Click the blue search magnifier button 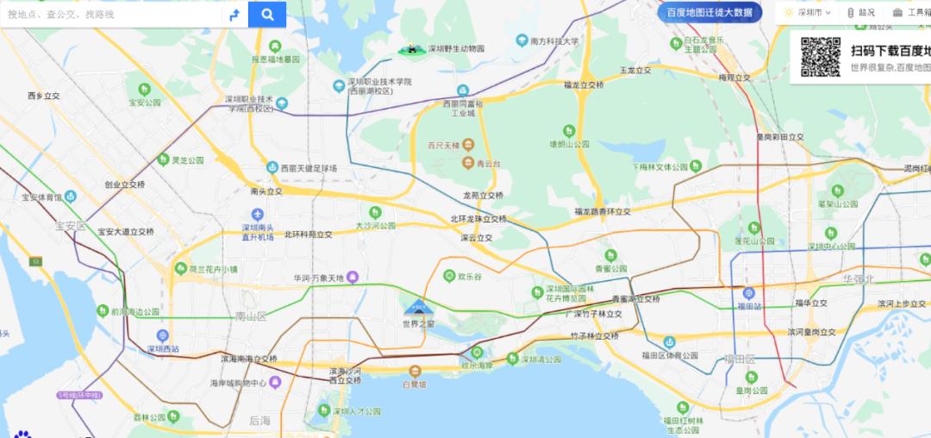[x=267, y=14]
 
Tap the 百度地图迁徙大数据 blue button [x=709, y=13]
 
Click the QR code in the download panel [x=820, y=57]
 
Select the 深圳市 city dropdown [x=809, y=13]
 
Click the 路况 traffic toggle [x=861, y=13]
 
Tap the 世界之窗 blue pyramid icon [x=418, y=306]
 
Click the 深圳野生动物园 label [x=457, y=49]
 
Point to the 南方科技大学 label [x=554, y=41]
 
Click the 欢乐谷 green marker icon [x=449, y=276]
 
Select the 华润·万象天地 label [x=318, y=278]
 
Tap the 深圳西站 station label [x=162, y=349]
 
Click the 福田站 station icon [x=748, y=293]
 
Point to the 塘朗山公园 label [x=569, y=144]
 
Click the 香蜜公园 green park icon [x=610, y=255]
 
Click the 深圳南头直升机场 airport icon [x=257, y=215]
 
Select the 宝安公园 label [x=145, y=102]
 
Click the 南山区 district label [x=251, y=316]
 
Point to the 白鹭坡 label [x=415, y=384]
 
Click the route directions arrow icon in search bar [x=233, y=14]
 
